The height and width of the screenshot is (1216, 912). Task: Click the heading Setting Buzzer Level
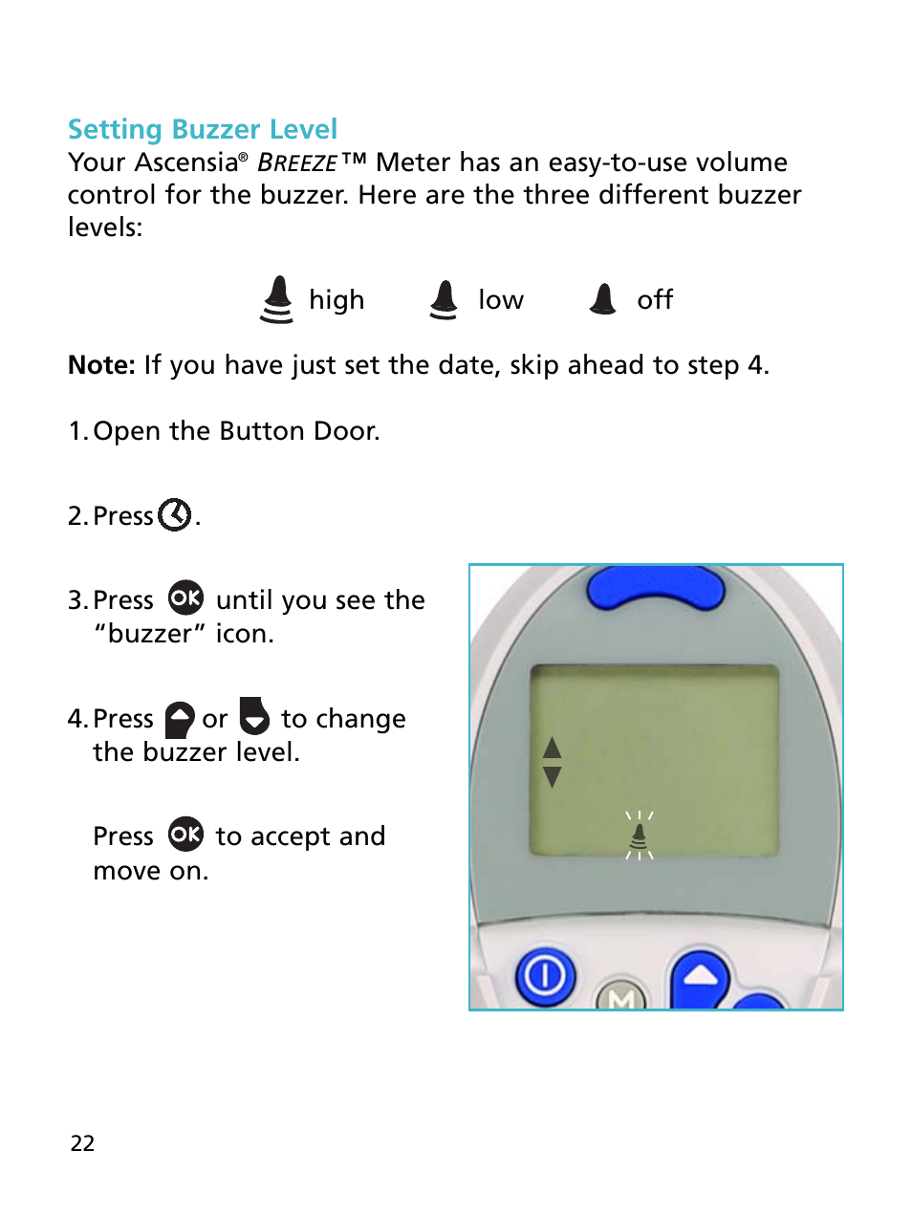point(202,129)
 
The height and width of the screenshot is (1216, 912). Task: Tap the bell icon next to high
point(277,300)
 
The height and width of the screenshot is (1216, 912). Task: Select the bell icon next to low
point(444,300)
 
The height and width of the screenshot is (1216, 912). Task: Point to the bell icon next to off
point(603,300)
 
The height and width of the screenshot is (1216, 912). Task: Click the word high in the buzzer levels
point(337,300)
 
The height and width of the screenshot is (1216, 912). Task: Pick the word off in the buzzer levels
point(655,300)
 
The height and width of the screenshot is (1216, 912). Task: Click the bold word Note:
point(101,365)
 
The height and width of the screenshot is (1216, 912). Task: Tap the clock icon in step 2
point(175,515)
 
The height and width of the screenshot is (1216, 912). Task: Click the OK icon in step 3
point(185,598)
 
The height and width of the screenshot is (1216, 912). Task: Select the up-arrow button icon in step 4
point(180,719)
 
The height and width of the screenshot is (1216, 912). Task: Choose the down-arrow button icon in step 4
point(254,716)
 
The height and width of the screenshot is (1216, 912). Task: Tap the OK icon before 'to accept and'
point(185,835)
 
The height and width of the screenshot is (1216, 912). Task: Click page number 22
point(82,1143)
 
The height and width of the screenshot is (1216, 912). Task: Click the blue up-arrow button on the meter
point(700,978)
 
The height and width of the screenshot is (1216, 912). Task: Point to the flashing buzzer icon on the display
point(639,836)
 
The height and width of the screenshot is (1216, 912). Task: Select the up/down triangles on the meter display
point(552,762)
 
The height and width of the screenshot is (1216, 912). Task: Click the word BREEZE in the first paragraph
point(297,163)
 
